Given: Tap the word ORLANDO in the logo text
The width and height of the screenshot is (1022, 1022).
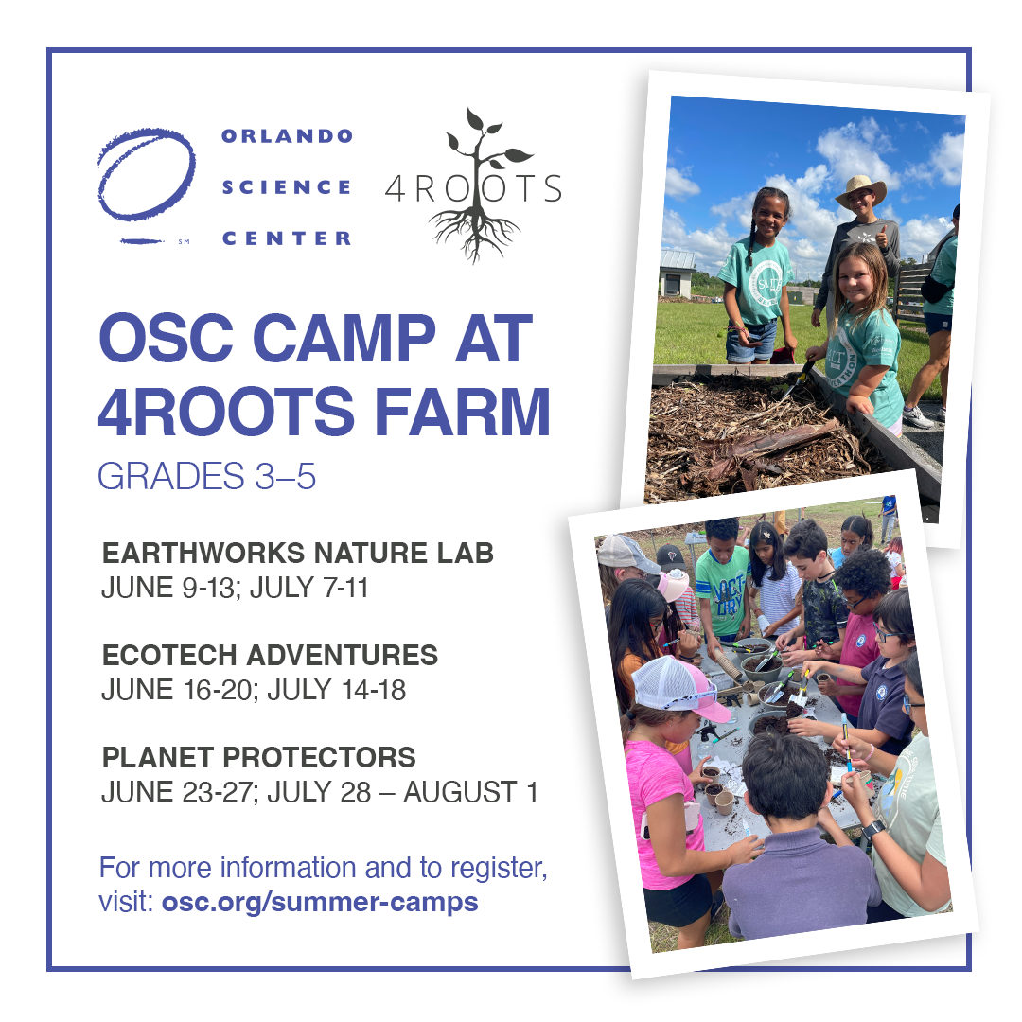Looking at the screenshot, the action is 287,135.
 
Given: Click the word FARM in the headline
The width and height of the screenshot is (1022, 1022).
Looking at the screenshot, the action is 463,412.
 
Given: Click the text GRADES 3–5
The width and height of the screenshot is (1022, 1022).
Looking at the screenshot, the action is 206,476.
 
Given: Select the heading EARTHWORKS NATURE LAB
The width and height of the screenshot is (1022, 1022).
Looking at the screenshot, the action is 298,553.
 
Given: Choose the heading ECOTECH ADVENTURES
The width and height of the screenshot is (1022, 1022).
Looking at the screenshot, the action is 270,655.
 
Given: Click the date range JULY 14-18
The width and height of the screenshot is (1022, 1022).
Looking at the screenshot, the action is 336,690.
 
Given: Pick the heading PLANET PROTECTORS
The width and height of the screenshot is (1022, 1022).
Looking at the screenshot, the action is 258,757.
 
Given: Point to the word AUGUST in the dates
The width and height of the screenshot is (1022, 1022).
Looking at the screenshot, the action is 460,793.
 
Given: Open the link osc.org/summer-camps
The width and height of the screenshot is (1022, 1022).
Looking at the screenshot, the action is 320,903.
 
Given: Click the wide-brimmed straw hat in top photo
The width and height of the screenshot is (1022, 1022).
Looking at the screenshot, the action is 860,189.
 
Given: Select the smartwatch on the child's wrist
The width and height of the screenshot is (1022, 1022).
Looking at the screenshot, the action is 872,830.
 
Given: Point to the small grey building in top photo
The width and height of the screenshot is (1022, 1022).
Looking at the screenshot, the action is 677,273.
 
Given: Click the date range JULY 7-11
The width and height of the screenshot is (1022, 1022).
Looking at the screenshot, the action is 308,588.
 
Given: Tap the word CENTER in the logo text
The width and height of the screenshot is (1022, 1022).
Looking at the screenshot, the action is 287,238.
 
